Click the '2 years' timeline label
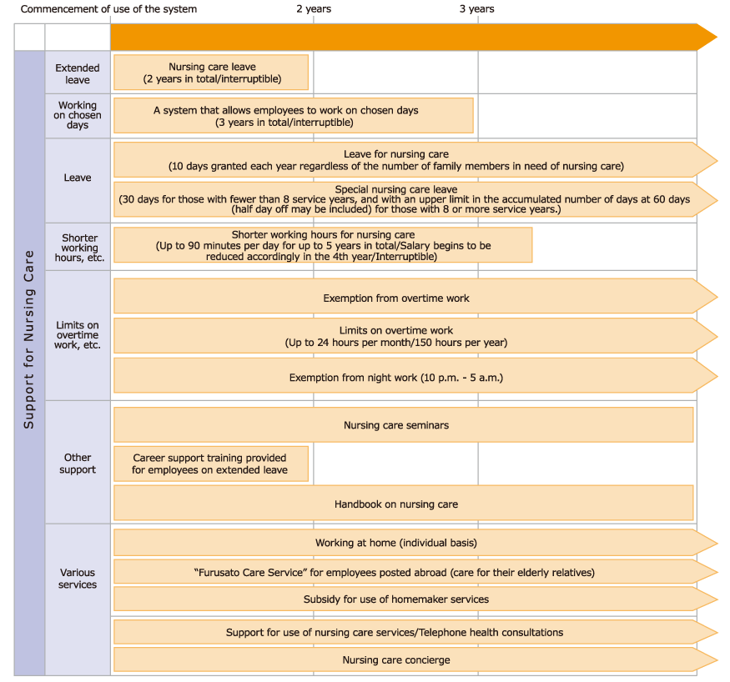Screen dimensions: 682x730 pos(314,9)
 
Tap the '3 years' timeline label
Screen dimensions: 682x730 pos(477,9)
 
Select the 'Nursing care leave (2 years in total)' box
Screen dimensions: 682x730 pos(211,73)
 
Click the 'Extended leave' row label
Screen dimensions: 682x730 pos(78,73)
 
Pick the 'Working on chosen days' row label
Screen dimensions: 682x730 pos(78,115)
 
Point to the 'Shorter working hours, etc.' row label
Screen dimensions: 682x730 pos(79,248)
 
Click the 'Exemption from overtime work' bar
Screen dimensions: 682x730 pos(396,298)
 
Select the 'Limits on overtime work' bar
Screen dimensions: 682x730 pos(396,336)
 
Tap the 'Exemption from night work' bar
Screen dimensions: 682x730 pos(396,378)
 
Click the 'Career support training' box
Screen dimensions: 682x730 pos(211,464)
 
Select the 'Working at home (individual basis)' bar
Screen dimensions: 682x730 pos(396,543)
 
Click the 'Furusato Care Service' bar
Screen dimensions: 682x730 pos(396,572)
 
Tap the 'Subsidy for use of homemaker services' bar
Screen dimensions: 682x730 pos(396,599)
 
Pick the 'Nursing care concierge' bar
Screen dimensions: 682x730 pos(396,659)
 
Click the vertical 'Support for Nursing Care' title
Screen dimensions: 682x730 pos(29,339)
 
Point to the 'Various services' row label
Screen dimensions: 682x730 pos(78,579)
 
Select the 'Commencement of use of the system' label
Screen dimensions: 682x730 pos(108,9)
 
